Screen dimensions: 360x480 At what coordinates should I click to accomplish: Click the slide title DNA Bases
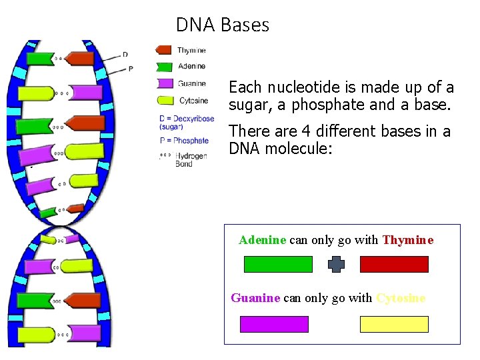tap(223, 25)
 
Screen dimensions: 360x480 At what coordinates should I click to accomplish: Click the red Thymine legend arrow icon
tap(164, 50)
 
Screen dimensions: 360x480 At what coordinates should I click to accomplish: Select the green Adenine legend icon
tap(164, 67)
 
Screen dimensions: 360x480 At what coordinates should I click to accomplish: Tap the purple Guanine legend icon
tap(164, 84)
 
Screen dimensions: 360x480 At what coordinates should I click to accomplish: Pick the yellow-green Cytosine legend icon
tap(164, 101)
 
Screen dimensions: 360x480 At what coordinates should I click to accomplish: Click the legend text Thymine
tap(192, 50)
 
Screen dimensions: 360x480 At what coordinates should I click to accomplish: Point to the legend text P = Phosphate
tap(185, 141)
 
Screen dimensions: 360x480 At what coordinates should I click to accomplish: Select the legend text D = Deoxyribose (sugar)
tap(187, 123)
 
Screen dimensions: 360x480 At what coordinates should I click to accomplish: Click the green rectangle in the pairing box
tap(278, 265)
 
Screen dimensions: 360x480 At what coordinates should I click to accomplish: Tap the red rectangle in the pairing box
tap(394, 265)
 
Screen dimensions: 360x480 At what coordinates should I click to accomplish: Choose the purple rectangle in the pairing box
tap(274, 325)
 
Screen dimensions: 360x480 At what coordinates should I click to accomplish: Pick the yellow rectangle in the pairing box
tap(394, 325)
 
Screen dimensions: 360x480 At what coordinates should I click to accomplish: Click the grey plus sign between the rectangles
tap(337, 265)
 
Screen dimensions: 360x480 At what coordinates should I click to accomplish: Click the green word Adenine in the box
tap(263, 240)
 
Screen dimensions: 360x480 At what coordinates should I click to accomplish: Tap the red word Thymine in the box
tap(408, 240)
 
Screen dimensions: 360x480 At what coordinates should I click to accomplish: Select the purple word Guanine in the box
tap(255, 298)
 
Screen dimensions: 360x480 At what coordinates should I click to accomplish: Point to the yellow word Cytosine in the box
tap(401, 298)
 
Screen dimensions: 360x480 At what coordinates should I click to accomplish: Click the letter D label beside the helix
tap(125, 55)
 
